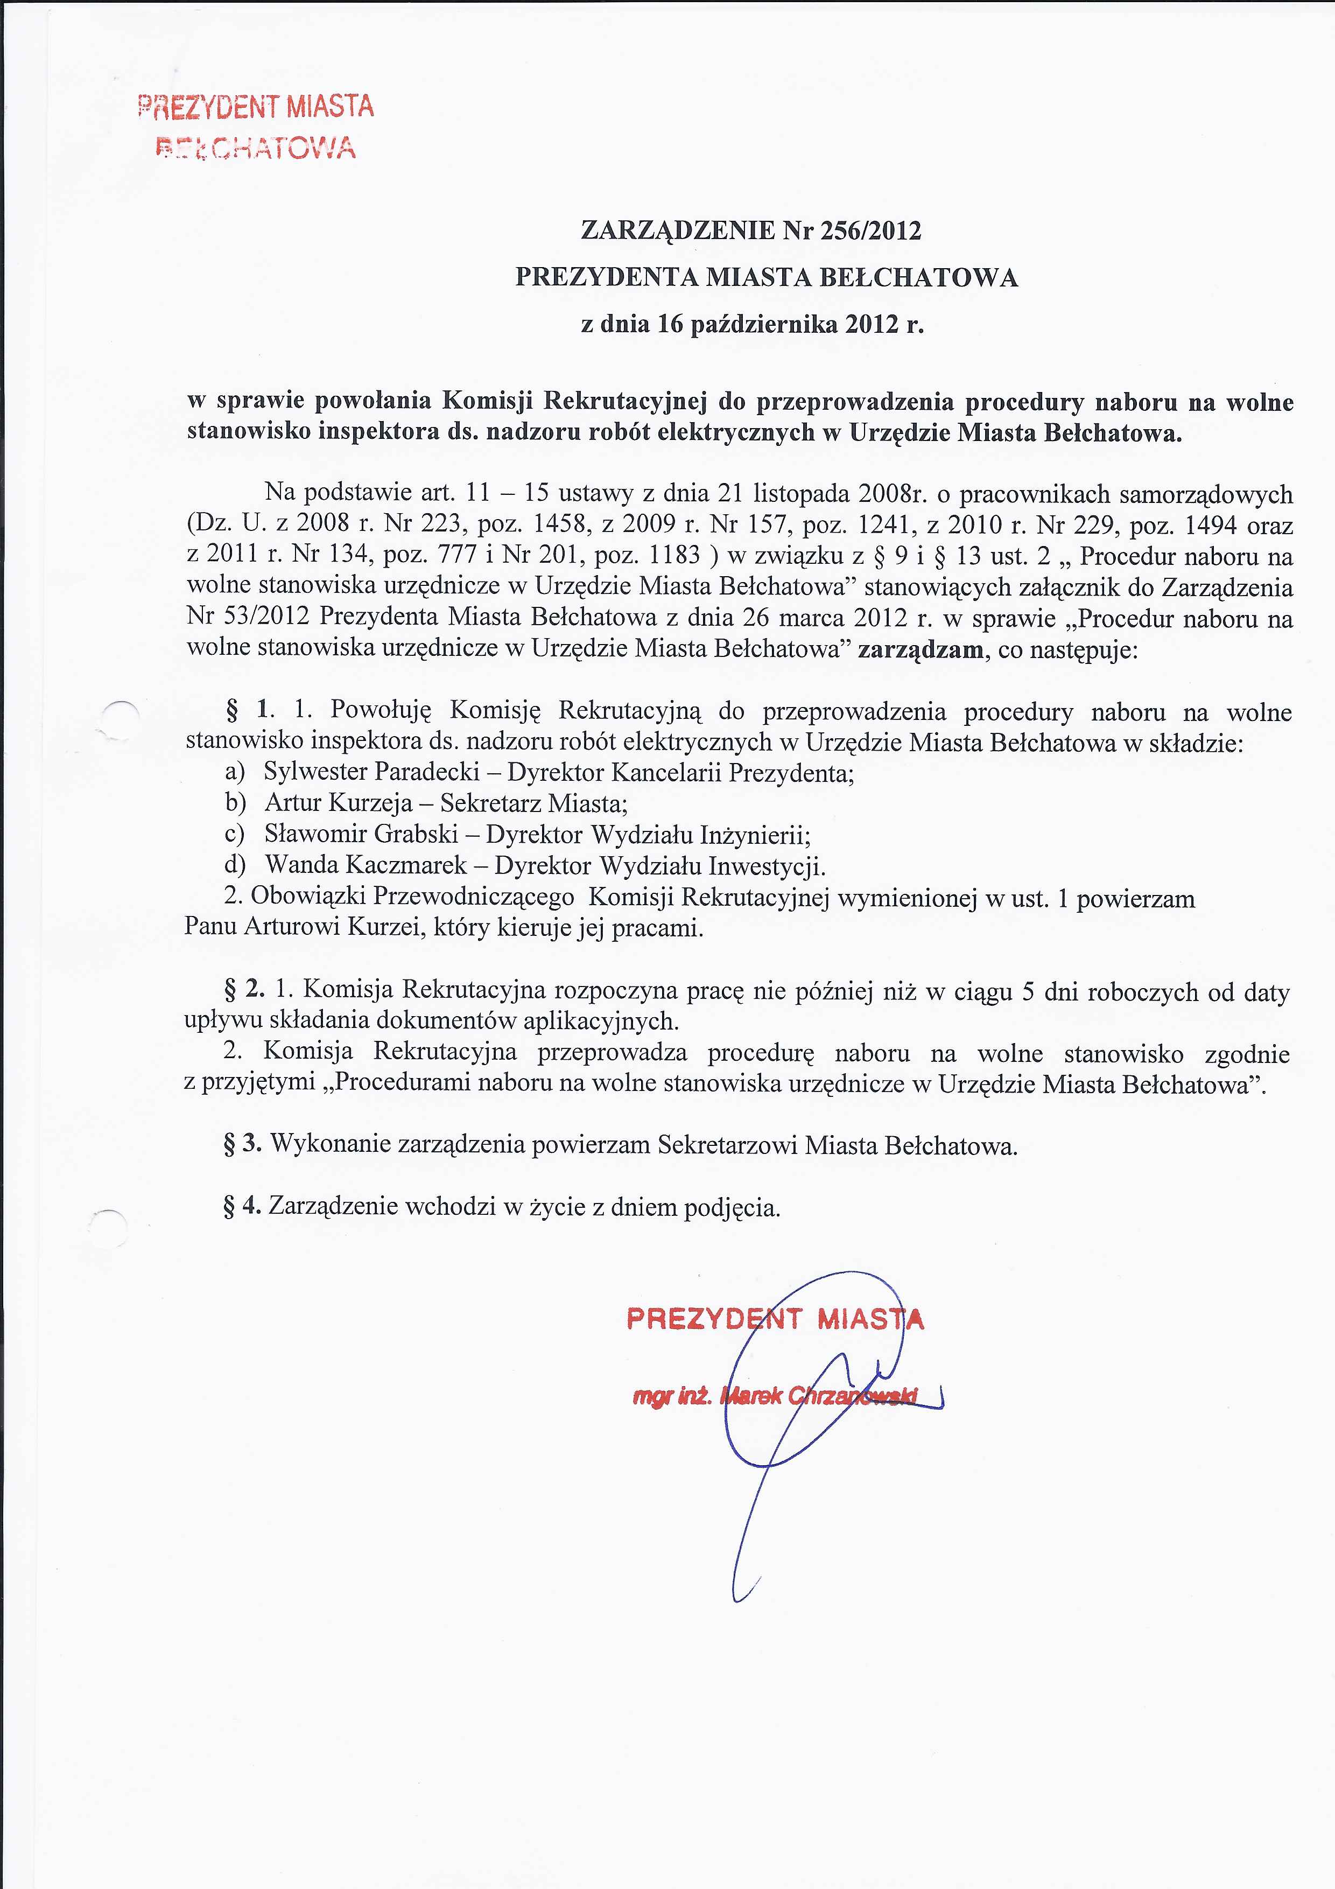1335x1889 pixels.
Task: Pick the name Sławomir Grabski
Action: pos(361,834)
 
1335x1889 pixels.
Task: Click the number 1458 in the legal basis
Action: pos(559,525)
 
